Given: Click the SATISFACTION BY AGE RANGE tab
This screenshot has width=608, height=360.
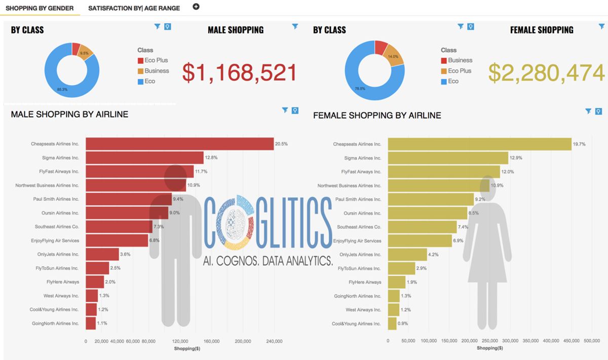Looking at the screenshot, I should [x=134, y=8].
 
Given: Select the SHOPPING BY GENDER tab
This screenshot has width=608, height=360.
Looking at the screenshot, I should [x=40, y=8].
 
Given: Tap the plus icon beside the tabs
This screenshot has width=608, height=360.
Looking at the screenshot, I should [x=196, y=7].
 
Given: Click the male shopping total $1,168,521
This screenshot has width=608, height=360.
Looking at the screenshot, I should [x=240, y=73].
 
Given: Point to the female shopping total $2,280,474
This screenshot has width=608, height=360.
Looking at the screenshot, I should [x=547, y=73].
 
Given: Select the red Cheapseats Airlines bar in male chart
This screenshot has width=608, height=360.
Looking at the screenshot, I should [x=179, y=144].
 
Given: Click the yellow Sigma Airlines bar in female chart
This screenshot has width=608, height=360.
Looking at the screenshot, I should [x=448, y=158].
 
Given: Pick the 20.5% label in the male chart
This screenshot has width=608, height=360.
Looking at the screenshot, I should [x=281, y=144].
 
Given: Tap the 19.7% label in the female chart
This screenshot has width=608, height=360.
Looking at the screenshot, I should [x=579, y=144].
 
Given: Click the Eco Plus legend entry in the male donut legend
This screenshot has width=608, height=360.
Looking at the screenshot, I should [x=156, y=60].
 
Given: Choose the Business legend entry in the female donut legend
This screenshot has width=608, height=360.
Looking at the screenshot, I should [x=460, y=60].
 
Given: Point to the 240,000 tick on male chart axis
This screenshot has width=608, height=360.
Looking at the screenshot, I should [x=274, y=341].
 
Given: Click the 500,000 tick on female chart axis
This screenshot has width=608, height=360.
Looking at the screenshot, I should [x=592, y=341].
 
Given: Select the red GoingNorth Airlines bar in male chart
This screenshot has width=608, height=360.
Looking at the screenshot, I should [x=91, y=323].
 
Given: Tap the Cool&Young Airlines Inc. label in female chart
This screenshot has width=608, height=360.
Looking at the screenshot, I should [x=356, y=323].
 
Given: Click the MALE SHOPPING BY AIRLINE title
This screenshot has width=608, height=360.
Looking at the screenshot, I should [x=69, y=115].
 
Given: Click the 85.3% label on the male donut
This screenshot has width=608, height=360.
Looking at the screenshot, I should [x=62, y=89].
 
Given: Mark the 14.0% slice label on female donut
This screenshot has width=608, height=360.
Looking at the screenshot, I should [x=393, y=57].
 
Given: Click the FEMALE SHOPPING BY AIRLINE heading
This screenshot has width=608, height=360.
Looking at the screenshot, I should [x=377, y=116].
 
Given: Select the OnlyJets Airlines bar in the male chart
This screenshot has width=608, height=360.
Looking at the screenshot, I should [x=102, y=254].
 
